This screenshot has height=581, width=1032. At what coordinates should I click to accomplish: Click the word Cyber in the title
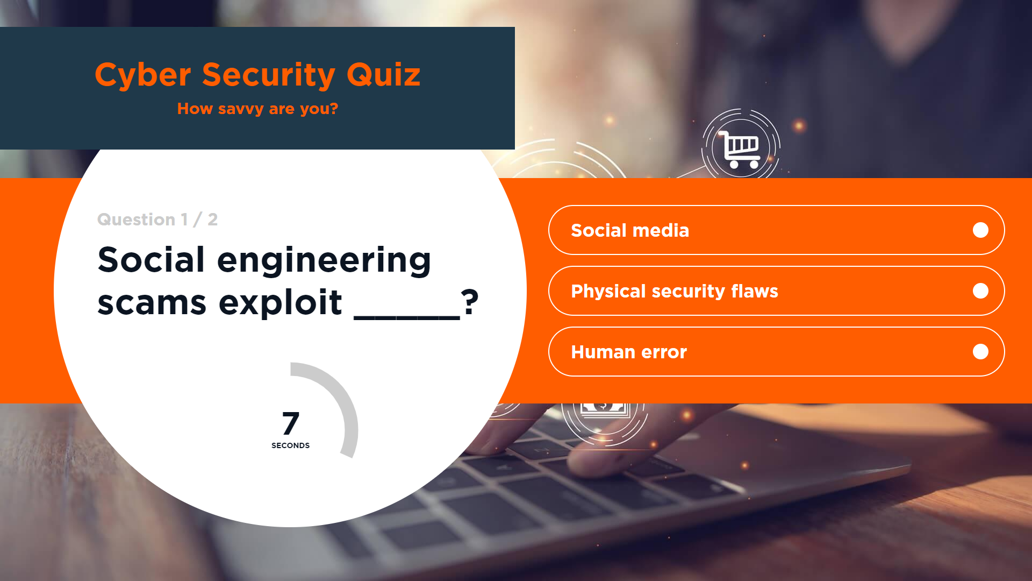[143, 75]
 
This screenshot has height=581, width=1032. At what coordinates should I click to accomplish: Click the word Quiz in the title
[384, 74]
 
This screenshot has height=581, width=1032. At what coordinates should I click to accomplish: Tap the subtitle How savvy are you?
[257, 109]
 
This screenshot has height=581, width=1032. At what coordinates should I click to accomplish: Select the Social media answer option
[776, 230]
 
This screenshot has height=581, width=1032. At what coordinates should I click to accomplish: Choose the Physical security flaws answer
[776, 291]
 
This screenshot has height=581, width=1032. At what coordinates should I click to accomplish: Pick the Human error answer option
[776, 352]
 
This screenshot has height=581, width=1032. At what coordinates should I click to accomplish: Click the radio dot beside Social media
[980, 230]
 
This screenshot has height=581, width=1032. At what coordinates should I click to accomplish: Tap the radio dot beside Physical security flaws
[980, 291]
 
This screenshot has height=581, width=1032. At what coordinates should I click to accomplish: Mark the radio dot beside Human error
[980, 352]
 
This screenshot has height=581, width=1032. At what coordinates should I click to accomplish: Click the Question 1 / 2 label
[157, 219]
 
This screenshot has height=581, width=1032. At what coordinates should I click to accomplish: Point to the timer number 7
[291, 423]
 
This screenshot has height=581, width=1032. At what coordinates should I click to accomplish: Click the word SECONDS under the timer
[290, 445]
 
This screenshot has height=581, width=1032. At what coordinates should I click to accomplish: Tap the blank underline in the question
[407, 317]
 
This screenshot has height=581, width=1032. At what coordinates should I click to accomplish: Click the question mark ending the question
[470, 302]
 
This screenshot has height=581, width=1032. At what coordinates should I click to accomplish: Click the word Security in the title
[269, 75]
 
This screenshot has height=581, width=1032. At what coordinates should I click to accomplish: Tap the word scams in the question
[152, 303]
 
